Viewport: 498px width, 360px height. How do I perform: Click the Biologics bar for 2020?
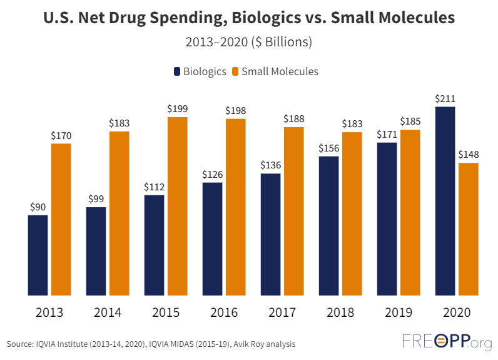click(445, 200)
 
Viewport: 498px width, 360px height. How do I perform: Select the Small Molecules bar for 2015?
click(177, 206)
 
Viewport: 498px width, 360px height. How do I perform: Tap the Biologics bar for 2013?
click(38, 255)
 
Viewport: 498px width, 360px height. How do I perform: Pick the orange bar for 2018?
click(352, 213)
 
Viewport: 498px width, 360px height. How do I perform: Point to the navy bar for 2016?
click(212, 239)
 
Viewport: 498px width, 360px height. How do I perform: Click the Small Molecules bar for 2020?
click(469, 229)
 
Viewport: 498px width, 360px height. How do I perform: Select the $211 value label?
click(445, 99)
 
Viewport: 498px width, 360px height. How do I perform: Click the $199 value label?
click(177, 109)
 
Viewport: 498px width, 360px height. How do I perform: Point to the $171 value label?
click(387, 135)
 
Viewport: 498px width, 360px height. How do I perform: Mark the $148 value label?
click(469, 155)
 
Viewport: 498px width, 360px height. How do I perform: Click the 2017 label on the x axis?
click(282, 312)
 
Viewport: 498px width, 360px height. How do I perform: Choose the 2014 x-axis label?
click(108, 312)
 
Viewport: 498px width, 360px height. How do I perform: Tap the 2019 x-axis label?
click(399, 312)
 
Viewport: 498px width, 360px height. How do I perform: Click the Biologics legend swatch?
click(177, 71)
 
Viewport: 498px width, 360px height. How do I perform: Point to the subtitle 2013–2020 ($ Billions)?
click(249, 43)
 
